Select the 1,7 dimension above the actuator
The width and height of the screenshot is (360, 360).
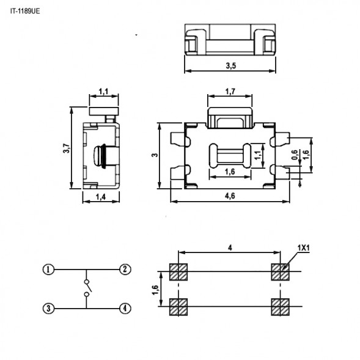coord(230,92)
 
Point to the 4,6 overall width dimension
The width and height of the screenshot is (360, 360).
coord(230,196)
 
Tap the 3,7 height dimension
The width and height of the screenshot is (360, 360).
coord(66,148)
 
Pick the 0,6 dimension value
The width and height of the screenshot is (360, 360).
coord(296,156)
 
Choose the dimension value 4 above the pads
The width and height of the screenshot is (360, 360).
coord(229,248)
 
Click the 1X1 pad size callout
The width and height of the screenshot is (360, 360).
coord(304,248)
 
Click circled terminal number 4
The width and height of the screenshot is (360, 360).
coord(125,308)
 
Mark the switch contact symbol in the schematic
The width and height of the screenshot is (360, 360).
coord(87,288)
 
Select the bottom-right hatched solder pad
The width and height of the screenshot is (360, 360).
coord(280,307)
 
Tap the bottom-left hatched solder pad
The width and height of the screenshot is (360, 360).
coord(178,307)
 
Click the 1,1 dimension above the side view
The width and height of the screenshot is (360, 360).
coord(103,92)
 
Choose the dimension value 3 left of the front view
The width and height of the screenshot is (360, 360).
coord(155,155)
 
